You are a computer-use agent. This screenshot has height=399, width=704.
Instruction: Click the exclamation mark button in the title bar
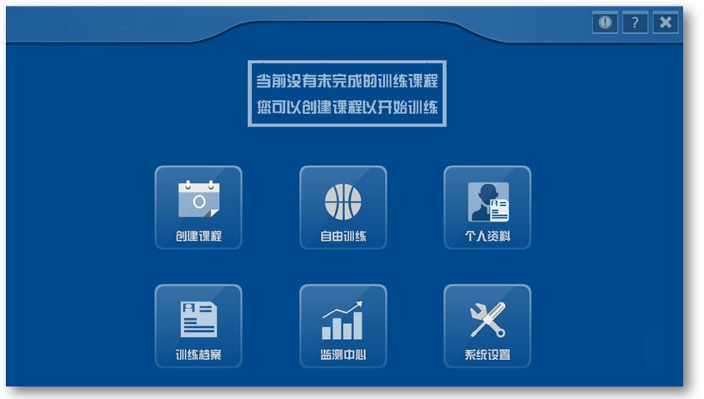[605, 22]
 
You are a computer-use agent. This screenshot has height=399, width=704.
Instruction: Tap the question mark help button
[635, 22]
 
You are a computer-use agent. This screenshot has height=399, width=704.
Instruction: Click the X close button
[666, 22]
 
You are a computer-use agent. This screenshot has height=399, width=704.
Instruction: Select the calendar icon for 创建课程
[198, 199]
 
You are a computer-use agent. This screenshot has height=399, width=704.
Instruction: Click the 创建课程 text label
[198, 236]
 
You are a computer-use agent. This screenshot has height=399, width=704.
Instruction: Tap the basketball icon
[343, 202]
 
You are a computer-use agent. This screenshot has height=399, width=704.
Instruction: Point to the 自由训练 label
[343, 236]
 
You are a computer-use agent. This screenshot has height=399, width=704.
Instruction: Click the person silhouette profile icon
[488, 202]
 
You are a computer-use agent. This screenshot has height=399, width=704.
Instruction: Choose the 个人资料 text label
[487, 236]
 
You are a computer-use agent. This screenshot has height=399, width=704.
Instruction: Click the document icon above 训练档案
[198, 319]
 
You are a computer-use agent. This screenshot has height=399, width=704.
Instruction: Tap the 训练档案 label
[198, 355]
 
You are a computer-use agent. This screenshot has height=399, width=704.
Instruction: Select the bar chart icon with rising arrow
[342, 320]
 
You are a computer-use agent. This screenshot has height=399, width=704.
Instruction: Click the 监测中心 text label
[343, 355]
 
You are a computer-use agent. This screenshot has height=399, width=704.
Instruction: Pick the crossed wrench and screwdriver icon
[487, 320]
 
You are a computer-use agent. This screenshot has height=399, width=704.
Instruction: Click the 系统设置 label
[487, 355]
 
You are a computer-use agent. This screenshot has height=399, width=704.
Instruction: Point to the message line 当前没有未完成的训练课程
[347, 81]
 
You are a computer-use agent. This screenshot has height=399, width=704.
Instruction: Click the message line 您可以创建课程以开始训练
[347, 107]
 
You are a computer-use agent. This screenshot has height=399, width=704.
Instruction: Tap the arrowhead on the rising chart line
[359, 304]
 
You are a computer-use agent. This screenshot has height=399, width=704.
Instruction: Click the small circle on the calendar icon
[199, 202]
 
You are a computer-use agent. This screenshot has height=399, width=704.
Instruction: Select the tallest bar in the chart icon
[358, 326]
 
